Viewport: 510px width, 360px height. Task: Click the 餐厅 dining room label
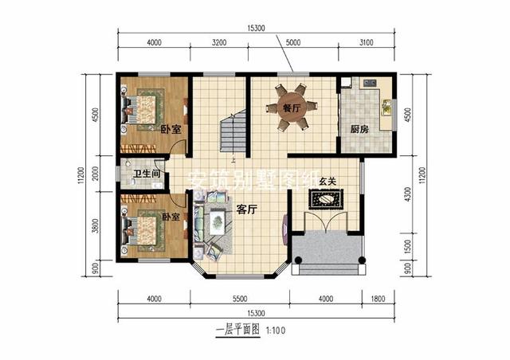[x=291, y=107]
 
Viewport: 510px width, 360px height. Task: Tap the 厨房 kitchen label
[x=359, y=128]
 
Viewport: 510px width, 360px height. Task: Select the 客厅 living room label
[x=246, y=209]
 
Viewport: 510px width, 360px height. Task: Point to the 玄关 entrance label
[x=327, y=182]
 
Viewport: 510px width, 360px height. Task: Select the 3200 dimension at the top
[x=221, y=41]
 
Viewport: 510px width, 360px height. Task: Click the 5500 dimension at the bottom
[x=239, y=299]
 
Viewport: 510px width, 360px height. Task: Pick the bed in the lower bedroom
[x=144, y=230]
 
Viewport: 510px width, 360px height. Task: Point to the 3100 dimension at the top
[x=367, y=41]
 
